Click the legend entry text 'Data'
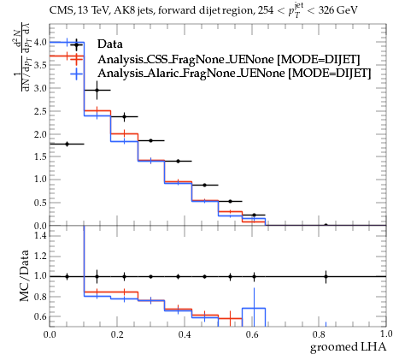point(110,44)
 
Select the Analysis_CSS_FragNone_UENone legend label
point(229,59)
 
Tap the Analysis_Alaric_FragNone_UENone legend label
point(234,74)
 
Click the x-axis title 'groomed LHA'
point(348,347)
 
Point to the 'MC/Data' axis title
point(25,275)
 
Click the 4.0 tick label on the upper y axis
point(40,42)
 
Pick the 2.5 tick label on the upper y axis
point(40,111)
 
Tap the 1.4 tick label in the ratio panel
point(40,235)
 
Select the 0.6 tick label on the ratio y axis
point(40,316)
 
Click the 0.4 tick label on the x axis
point(185,334)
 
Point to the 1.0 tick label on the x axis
point(386,333)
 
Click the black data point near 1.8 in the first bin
point(67,144)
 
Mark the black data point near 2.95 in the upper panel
point(97,90)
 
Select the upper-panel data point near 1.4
point(178,161)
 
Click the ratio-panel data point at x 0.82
point(326,276)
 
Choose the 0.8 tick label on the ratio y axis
point(40,297)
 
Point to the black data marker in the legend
point(76,44)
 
